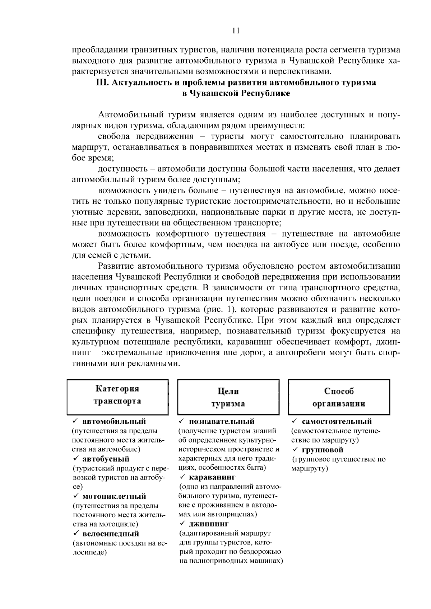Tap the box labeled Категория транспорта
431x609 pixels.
[x=117, y=397]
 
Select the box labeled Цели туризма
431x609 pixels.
[x=228, y=397]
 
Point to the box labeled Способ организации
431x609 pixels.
[x=339, y=397]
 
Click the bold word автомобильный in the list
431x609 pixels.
[x=114, y=421]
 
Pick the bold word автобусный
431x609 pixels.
[x=106, y=459]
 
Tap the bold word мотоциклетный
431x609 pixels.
[x=114, y=496]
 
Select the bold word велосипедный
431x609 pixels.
[x=110, y=534]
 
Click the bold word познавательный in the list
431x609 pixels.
[x=222, y=421]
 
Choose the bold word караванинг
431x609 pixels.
[x=212, y=478]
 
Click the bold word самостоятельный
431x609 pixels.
[x=337, y=421]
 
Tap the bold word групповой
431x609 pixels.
[x=323, y=450]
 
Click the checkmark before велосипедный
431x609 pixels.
[x=76, y=534]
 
